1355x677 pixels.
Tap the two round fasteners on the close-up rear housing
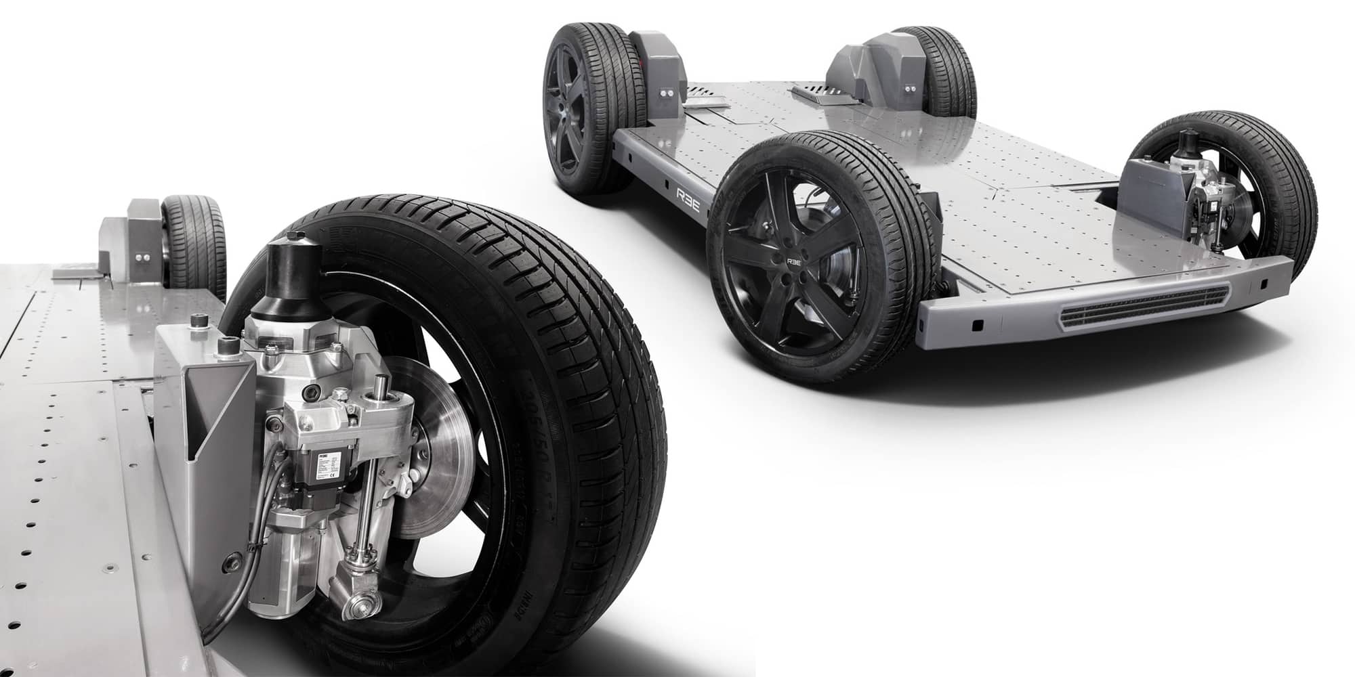(143, 257)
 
